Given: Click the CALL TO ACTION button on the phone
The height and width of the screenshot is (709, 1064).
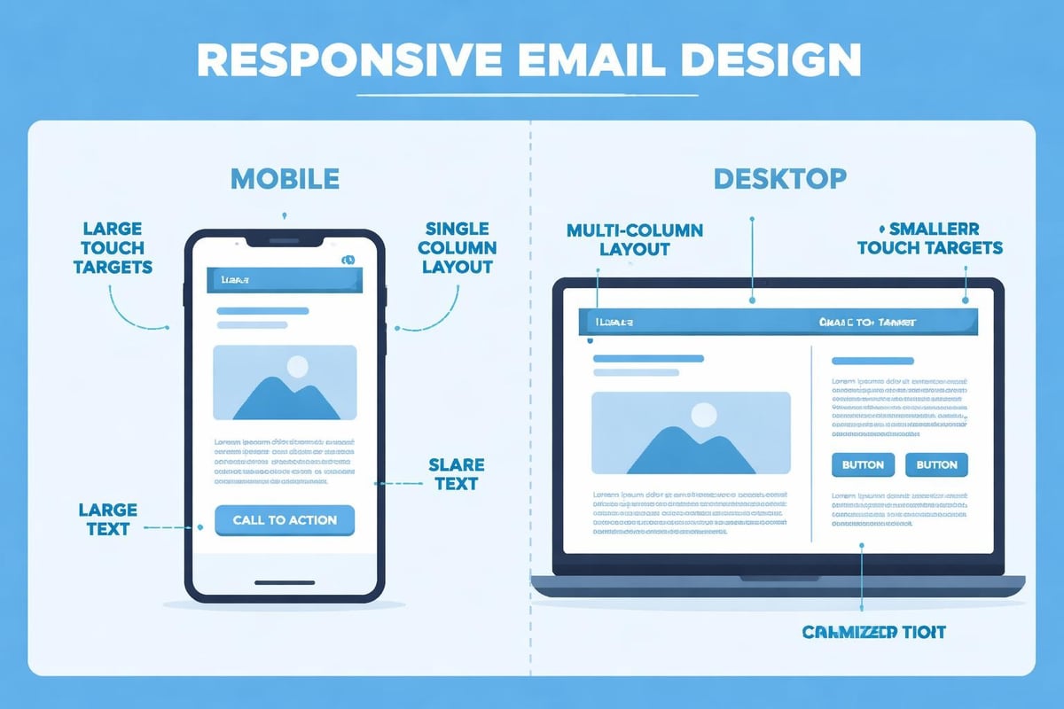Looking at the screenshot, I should pos(285,520).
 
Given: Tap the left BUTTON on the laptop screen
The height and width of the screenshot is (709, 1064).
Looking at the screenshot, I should pos(862,464).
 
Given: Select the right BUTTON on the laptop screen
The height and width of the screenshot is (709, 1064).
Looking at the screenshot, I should pos(936,464).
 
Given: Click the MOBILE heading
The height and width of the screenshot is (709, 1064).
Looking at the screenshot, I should pos(285,178).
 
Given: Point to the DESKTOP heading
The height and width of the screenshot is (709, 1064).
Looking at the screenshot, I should pos(779,178).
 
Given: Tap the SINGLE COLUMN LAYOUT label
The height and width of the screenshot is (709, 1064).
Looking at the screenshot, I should pos(458,247).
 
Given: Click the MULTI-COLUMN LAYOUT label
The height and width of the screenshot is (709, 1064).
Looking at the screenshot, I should pos(634,239).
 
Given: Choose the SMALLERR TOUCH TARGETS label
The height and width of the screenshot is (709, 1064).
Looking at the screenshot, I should pos(930,238).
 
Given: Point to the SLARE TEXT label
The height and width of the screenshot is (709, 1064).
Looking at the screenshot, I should pos(456,474).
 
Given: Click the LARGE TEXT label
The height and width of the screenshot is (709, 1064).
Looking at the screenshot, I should pos(108,519).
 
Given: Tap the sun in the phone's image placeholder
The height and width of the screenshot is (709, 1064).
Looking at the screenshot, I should pos(297,366).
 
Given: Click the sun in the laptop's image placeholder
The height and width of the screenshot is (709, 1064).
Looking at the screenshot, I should pos(703,414).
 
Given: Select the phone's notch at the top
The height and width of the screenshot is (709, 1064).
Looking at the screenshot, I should pos(285,240).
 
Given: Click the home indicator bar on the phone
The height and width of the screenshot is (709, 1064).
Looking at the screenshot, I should pos(285,583).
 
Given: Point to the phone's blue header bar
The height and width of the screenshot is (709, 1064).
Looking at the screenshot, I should pos(285,279).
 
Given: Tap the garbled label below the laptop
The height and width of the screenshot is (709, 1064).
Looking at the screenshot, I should pos(873,632).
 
